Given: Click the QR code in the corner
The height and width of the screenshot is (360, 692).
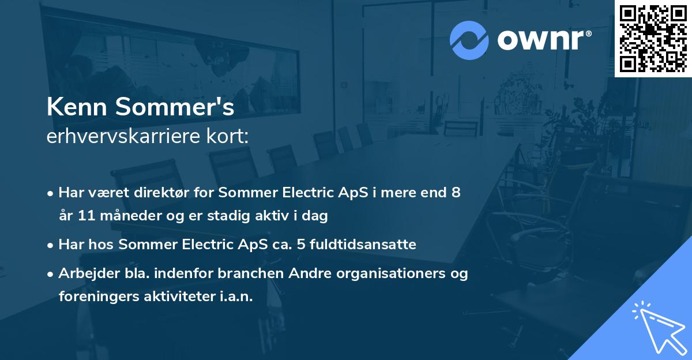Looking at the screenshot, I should tap(652, 38).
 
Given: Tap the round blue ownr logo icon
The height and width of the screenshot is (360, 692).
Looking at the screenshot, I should tap(469, 39).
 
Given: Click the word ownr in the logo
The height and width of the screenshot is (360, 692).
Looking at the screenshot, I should tap(540, 40).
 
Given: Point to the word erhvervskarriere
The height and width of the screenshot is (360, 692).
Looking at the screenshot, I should tap(120, 137).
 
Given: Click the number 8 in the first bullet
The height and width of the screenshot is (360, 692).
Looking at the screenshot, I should tap(456, 193).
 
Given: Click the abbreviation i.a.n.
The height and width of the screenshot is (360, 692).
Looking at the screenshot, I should tap(235, 297).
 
